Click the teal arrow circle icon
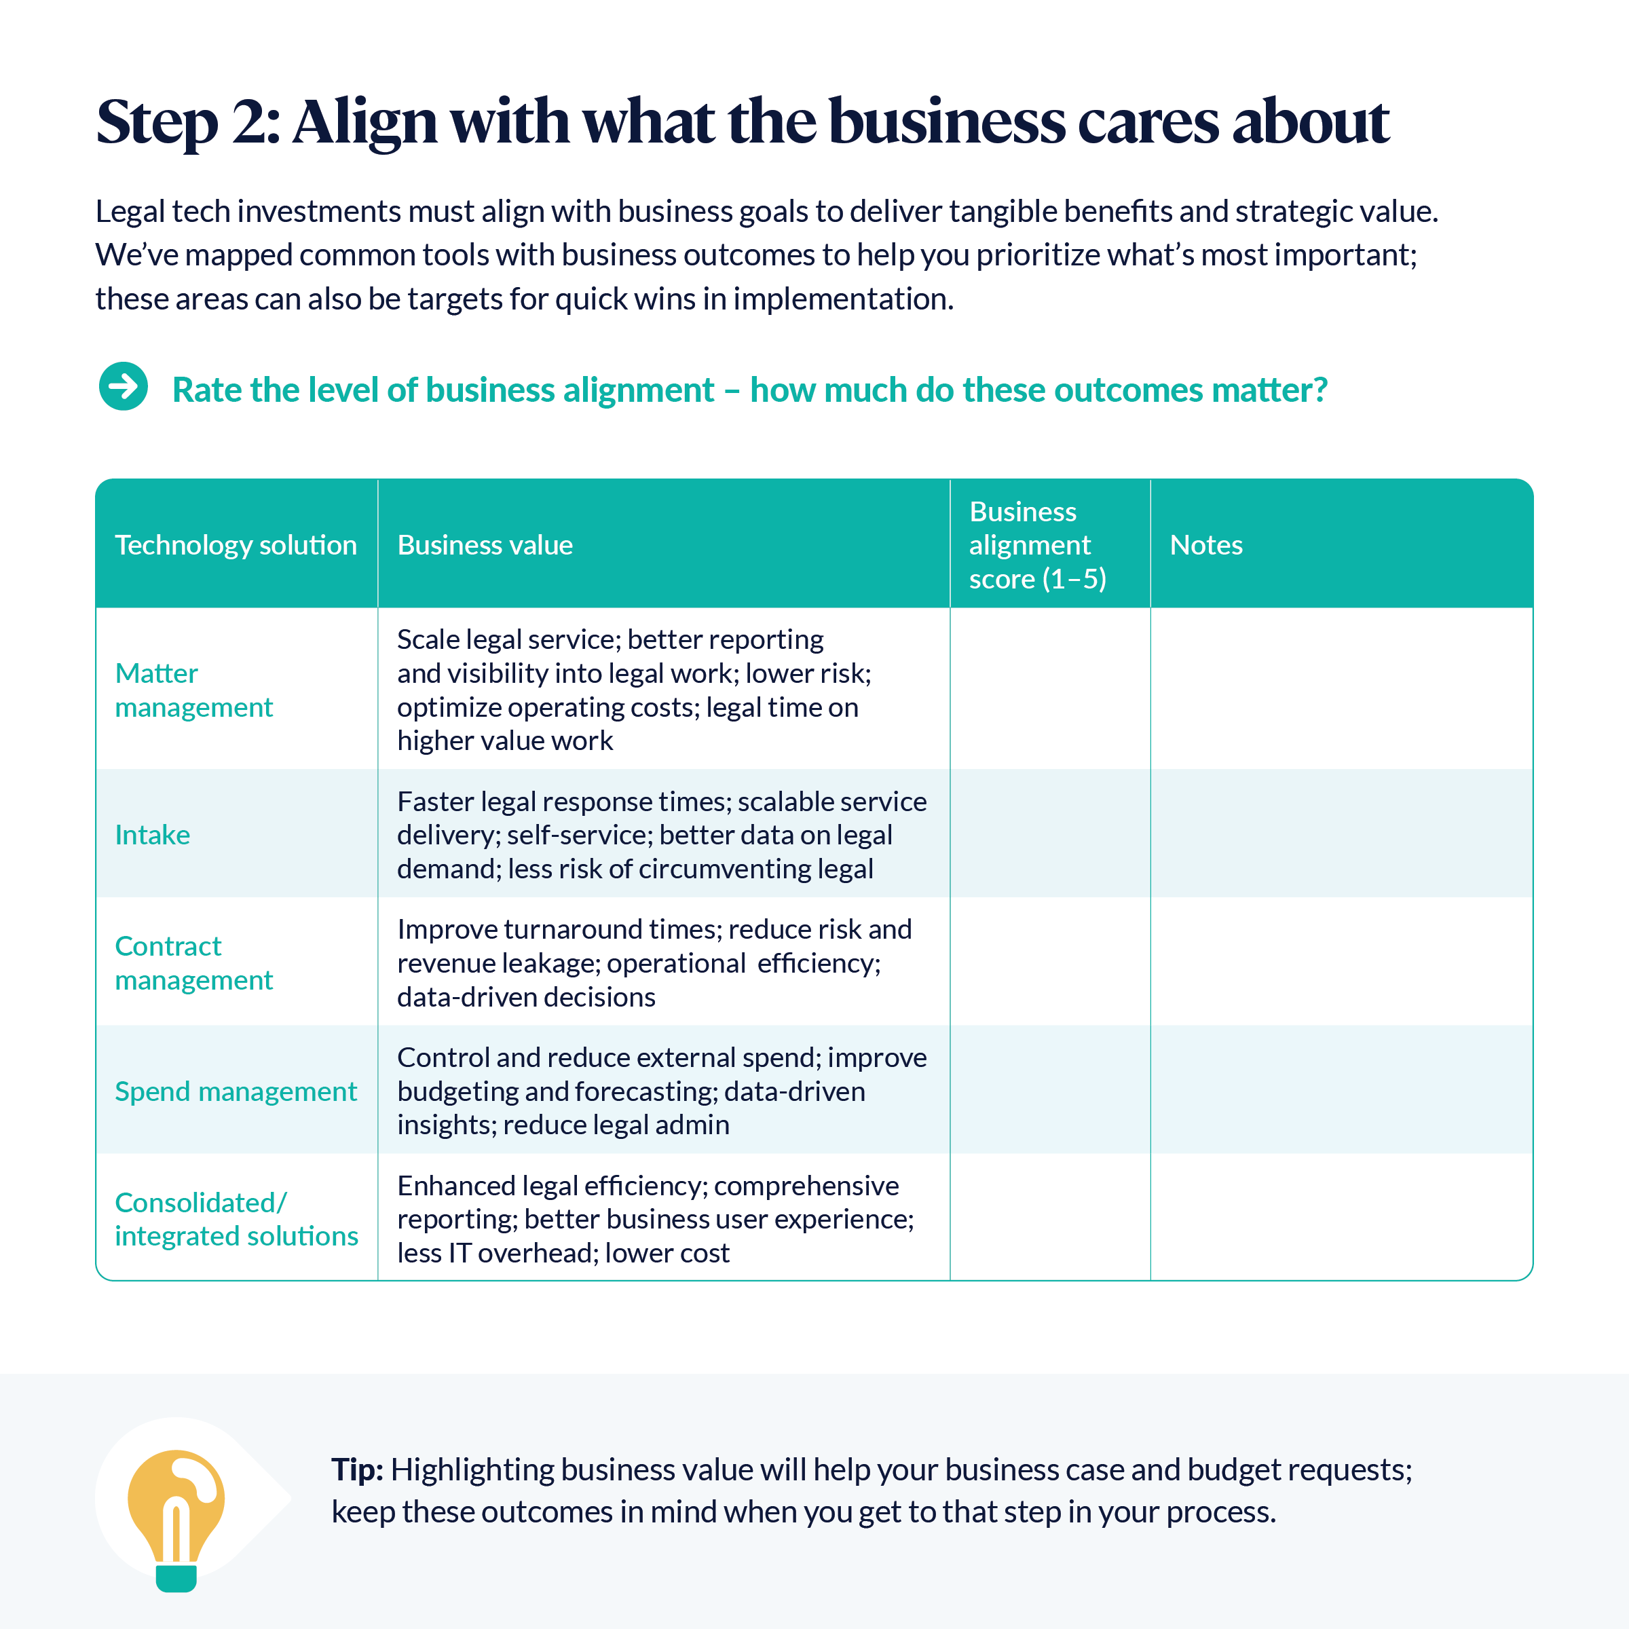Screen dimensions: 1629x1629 click(123, 386)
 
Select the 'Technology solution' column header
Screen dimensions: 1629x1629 click(236, 544)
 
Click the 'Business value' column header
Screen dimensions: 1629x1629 click(485, 544)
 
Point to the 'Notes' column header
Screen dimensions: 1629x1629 click(1205, 544)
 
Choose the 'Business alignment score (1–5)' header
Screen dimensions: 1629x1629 click(1038, 544)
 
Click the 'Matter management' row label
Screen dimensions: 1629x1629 click(194, 690)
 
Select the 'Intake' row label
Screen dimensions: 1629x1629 click(153, 835)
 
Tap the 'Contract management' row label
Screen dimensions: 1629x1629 click(194, 963)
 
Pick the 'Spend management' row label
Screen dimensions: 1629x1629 click(236, 1091)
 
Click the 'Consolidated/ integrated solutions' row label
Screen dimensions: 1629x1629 click(236, 1218)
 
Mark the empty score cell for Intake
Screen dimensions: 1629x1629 click(1050, 833)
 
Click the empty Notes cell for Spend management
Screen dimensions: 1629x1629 click(1341, 1089)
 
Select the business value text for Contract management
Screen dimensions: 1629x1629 click(655, 963)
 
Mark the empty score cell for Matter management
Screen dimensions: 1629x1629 click(1050, 688)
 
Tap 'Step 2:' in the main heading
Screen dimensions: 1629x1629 click(188, 121)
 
